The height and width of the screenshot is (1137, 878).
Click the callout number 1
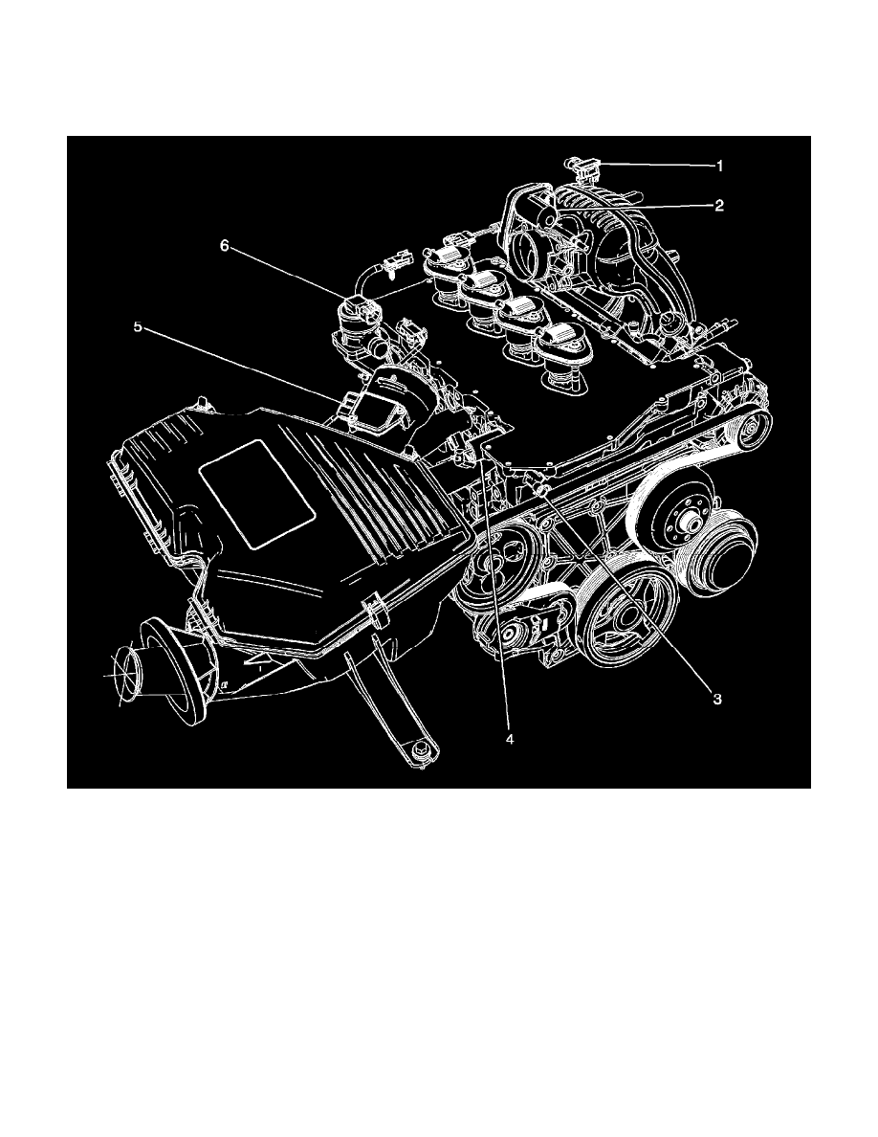tap(719, 166)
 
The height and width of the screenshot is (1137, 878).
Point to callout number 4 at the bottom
tap(510, 739)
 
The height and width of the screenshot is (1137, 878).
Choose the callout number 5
tap(138, 326)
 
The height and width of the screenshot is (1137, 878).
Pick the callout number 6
tap(225, 246)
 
